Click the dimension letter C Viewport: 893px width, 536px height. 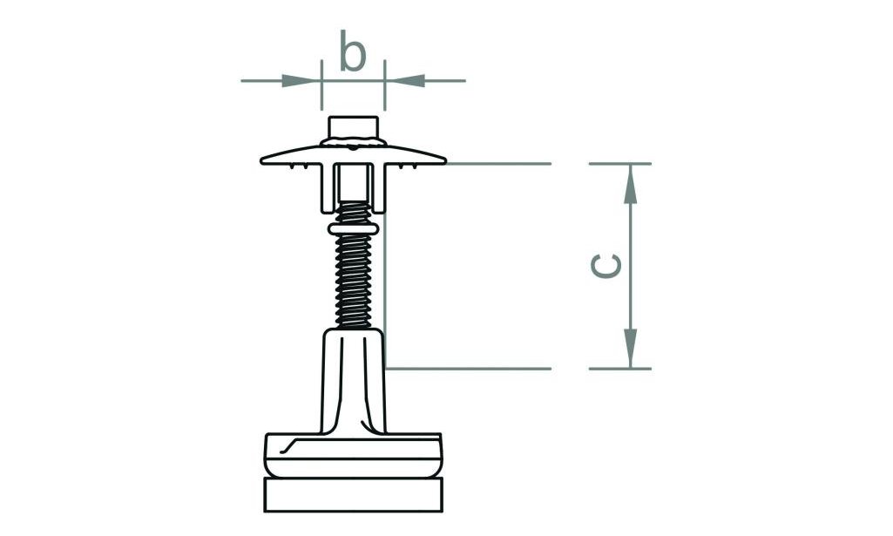point(606,266)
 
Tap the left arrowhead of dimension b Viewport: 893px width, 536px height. point(300,81)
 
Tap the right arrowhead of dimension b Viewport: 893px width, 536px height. point(407,81)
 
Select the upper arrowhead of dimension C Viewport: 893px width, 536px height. point(630,185)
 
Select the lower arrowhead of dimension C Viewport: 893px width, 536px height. point(630,348)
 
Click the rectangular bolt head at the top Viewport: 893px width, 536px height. point(353,126)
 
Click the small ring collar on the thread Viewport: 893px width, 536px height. point(353,228)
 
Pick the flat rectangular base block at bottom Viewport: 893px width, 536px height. point(353,494)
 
